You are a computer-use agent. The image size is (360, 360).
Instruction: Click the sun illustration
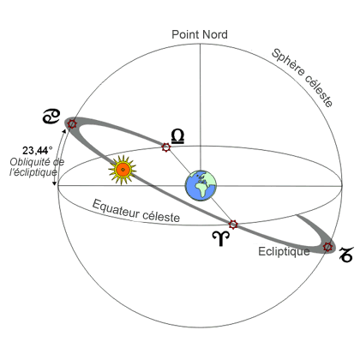(x=123, y=170)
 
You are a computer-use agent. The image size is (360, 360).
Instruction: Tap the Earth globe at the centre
(x=201, y=185)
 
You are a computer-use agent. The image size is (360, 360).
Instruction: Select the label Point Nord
(x=200, y=34)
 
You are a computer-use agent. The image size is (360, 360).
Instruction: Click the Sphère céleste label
(x=303, y=77)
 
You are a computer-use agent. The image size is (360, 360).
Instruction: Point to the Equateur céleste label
(x=136, y=211)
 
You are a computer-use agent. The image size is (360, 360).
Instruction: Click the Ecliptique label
(x=284, y=251)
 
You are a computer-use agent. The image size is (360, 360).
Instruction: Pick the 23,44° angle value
(x=38, y=150)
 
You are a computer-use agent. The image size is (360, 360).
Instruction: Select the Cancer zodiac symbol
(x=51, y=117)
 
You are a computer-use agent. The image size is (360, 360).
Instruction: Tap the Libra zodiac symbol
(x=177, y=136)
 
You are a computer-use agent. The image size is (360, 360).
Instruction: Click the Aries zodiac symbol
(x=221, y=238)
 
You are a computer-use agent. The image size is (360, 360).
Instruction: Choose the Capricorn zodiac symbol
(x=345, y=255)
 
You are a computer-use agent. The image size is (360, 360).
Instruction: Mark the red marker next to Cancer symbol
(x=72, y=124)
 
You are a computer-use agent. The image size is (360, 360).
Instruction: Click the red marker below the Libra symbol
(x=166, y=147)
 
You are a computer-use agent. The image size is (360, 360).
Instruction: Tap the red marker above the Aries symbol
(x=233, y=225)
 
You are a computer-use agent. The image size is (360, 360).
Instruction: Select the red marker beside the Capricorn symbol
(x=328, y=247)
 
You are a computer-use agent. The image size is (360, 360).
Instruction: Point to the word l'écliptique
(x=33, y=172)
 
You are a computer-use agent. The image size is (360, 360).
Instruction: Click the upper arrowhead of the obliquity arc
(x=64, y=131)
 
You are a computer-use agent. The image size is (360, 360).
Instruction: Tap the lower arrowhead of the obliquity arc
(x=54, y=183)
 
